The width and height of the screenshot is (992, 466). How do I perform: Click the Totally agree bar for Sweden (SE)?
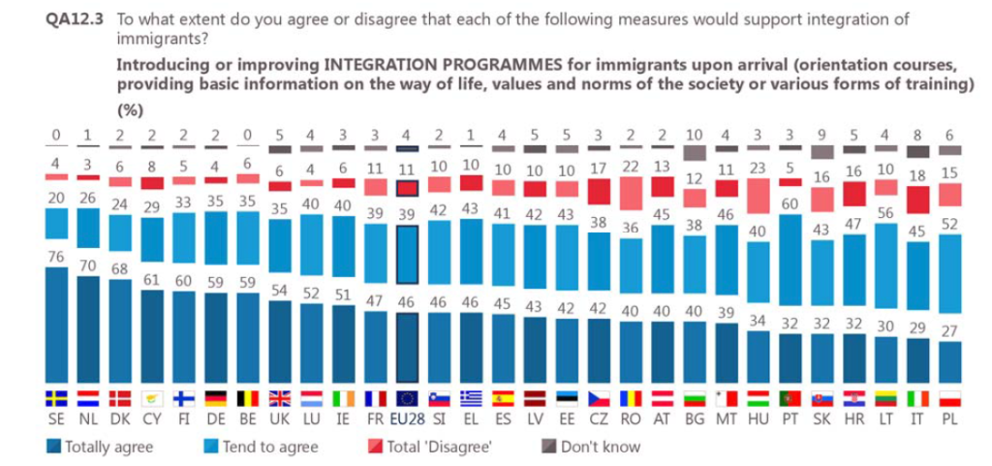(55, 325)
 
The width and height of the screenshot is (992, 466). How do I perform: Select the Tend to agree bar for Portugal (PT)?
(790, 260)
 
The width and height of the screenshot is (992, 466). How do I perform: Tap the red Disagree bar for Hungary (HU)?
(759, 196)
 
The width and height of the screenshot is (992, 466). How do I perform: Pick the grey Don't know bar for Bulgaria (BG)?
(694, 152)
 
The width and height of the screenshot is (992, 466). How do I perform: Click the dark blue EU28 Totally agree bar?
(408, 348)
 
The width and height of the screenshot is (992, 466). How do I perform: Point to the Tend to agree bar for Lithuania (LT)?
(886, 266)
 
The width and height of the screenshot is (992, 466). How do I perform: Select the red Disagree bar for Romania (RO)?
(630, 193)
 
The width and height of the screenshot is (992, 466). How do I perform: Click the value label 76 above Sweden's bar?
(55, 258)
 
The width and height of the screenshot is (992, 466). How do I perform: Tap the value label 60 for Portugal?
(790, 204)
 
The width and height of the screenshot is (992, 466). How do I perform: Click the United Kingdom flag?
(280, 398)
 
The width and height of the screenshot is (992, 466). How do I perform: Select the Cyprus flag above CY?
(152, 398)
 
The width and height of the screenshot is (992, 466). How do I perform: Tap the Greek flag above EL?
(472, 398)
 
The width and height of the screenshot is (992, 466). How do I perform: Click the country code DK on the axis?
(119, 419)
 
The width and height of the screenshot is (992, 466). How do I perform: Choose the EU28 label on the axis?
(408, 419)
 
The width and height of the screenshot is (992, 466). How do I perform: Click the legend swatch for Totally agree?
(54, 447)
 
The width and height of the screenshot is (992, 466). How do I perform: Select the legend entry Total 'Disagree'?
(430, 447)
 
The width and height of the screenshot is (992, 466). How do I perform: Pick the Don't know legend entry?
(591, 447)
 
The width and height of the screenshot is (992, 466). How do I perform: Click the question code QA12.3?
(77, 19)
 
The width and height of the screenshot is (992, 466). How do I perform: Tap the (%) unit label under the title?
(131, 110)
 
